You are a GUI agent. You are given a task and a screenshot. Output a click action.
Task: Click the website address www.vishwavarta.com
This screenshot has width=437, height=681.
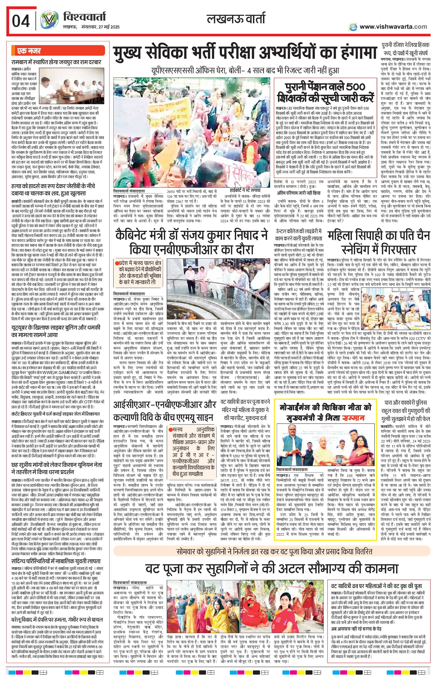tap(393, 27)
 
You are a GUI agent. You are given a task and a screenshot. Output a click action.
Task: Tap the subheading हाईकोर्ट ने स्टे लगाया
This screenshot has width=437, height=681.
tap(245, 191)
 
